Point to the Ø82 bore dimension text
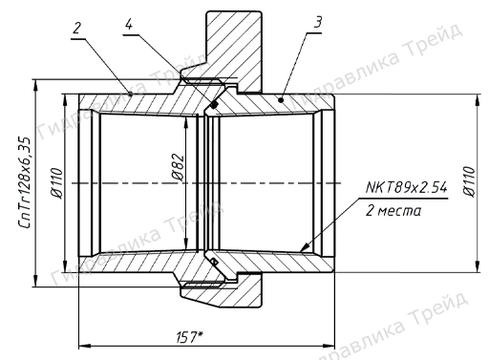(x=179, y=170)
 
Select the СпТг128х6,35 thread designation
(x=26, y=181)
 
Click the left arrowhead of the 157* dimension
(x=83, y=343)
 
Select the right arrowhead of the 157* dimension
(x=328, y=343)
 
